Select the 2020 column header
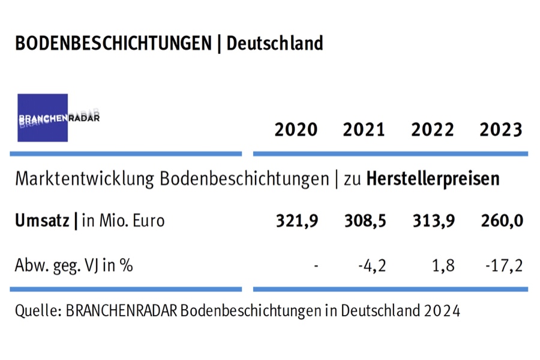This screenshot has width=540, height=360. (296, 130)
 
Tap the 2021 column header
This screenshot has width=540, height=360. (364, 130)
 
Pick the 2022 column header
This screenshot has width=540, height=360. (432, 130)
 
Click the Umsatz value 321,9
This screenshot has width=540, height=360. (296, 221)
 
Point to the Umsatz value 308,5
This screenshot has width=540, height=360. (364, 221)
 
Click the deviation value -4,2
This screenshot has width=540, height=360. (369, 265)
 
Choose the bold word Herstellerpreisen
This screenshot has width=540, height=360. (433, 179)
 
